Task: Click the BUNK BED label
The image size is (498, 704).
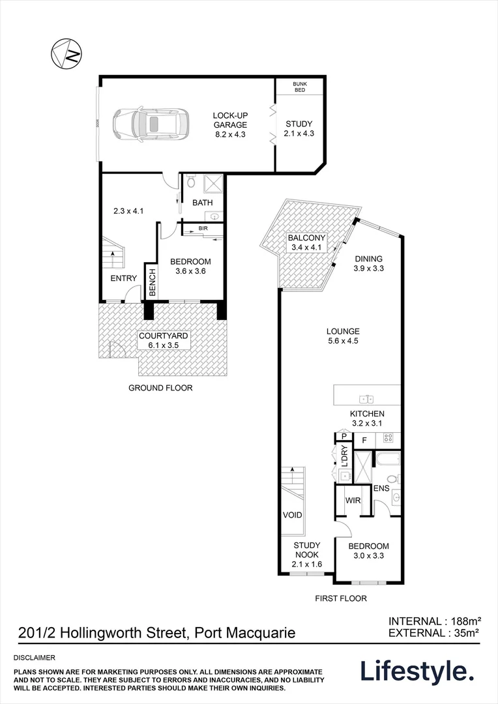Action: pyautogui.click(x=299, y=87)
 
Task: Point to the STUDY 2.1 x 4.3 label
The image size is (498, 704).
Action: pyautogui.click(x=299, y=128)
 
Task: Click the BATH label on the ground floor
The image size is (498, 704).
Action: pyautogui.click(x=202, y=203)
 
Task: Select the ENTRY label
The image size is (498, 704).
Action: pyautogui.click(x=123, y=278)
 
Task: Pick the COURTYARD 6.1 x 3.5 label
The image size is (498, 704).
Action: pyautogui.click(x=163, y=341)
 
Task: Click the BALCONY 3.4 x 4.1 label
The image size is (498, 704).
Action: pyautogui.click(x=306, y=243)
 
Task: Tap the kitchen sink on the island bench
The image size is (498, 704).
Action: pyautogui.click(x=365, y=399)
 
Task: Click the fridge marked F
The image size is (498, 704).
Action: pyautogui.click(x=365, y=440)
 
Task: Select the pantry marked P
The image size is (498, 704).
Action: pyautogui.click(x=342, y=437)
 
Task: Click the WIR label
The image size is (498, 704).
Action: pyautogui.click(x=353, y=501)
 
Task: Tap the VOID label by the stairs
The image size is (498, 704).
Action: pyautogui.click(x=293, y=515)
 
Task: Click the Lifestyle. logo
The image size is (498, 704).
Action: pyautogui.click(x=417, y=671)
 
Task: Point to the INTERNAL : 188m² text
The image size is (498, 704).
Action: pyautogui.click(x=434, y=621)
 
